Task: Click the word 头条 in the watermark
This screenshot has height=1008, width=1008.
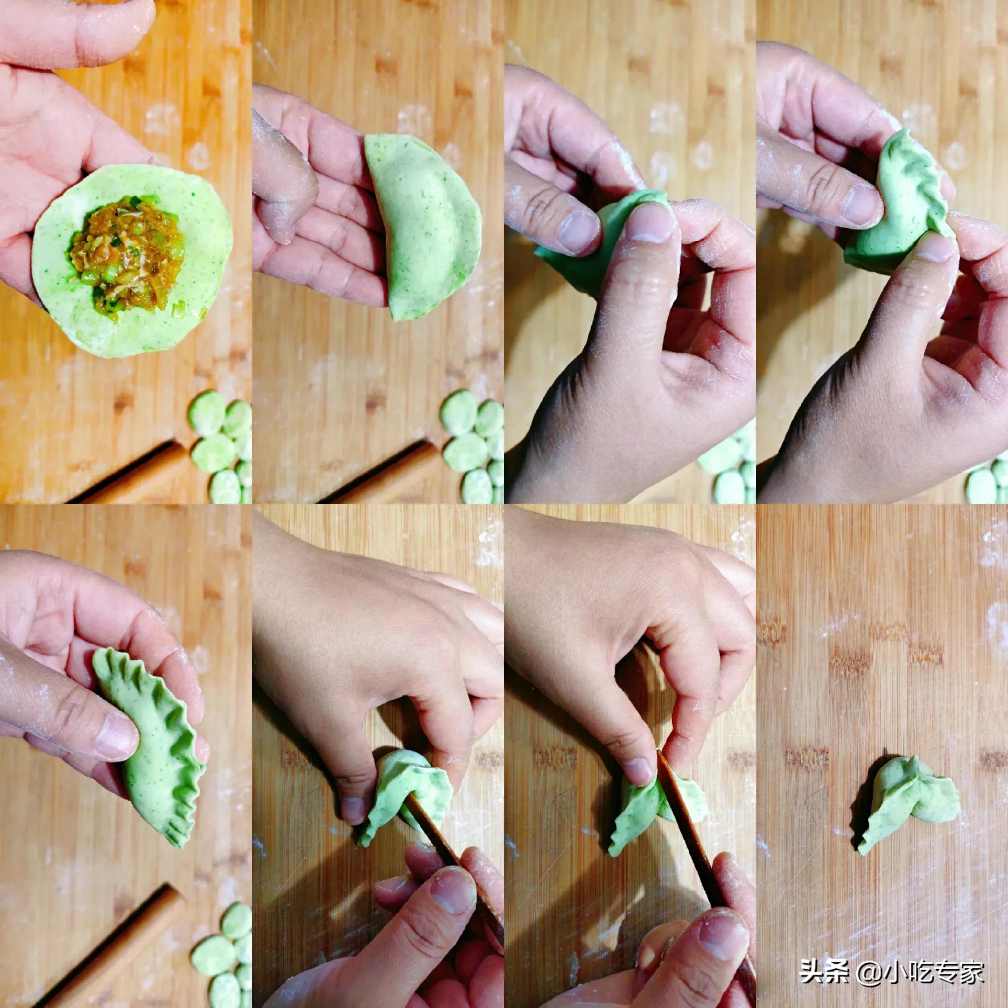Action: coord(817,972)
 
